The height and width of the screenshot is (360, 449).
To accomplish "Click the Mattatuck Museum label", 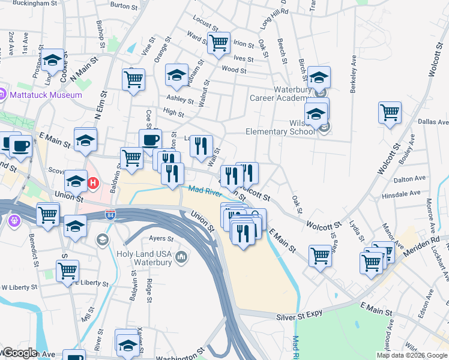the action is [45, 95].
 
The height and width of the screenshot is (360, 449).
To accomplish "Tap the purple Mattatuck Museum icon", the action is [2, 94].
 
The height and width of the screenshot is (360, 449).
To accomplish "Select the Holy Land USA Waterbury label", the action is [143, 259].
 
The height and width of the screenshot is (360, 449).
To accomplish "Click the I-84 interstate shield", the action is [110, 214].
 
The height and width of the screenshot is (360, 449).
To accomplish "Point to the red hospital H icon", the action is [93, 182].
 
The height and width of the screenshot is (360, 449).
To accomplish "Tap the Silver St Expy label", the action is [300, 316].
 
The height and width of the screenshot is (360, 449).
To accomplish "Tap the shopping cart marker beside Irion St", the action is [218, 43].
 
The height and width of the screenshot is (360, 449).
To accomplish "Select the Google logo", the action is [19, 353].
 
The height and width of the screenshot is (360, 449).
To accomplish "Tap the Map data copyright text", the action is [412, 355].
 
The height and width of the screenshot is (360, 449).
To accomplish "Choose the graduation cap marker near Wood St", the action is [176, 75].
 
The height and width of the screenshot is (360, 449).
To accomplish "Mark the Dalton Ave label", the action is [410, 179].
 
